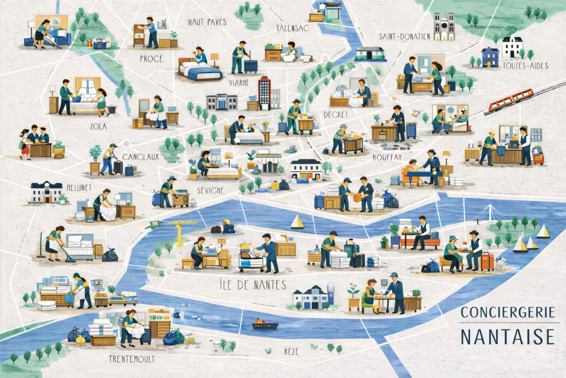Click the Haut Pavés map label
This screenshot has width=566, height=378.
pyautogui.click(x=207, y=22)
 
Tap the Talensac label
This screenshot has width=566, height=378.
pyautogui.click(x=292, y=28)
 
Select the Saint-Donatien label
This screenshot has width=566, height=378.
pyautogui.click(x=405, y=36)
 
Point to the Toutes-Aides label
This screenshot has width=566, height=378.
pyautogui.click(x=525, y=66)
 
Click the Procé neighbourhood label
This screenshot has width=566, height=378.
pyautogui.click(x=151, y=59)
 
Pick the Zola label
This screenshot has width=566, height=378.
pyautogui.click(x=98, y=127)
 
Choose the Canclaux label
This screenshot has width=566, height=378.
pyautogui.click(x=140, y=157)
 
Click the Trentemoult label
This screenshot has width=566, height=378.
pyautogui.click(x=132, y=359)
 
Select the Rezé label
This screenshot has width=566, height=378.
pyautogui.click(x=291, y=351)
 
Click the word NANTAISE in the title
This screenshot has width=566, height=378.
pyautogui.click(x=507, y=337)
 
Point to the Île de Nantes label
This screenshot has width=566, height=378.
pyautogui.click(x=252, y=285)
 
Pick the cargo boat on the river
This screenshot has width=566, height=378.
pyautogui.click(x=265, y=324)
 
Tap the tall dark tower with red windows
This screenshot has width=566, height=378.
pyautogui.click(x=265, y=93)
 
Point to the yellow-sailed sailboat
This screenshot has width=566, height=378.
pyautogui.click(x=297, y=222)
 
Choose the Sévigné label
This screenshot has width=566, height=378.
pyautogui.click(x=210, y=190)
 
